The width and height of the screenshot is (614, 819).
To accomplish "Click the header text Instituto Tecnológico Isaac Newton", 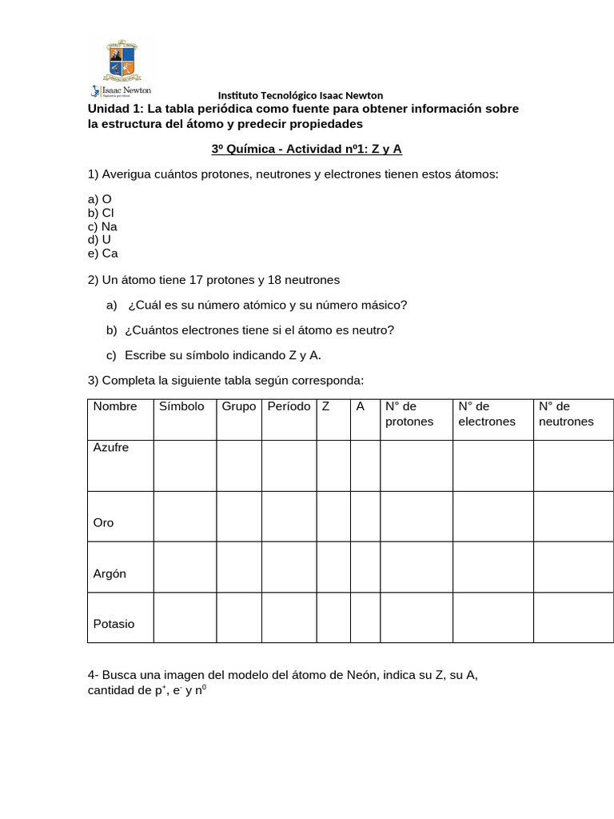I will pyautogui.click(x=301, y=95).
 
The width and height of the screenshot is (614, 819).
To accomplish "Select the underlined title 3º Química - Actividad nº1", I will pyautogui.click(x=306, y=149).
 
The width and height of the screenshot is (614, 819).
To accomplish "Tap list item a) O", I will pyautogui.click(x=101, y=199).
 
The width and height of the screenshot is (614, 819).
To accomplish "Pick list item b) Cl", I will pyautogui.click(x=102, y=213).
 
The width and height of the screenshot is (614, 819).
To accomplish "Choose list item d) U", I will pyautogui.click(x=100, y=239).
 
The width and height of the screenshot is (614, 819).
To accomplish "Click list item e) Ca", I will pyautogui.click(x=103, y=254).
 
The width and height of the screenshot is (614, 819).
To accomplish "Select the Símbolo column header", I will pyautogui.click(x=181, y=406).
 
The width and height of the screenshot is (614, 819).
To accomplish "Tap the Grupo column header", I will pyautogui.click(x=238, y=406).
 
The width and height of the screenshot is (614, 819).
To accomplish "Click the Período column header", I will pyautogui.click(x=289, y=406).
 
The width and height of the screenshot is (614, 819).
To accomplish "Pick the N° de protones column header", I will pyautogui.click(x=409, y=414).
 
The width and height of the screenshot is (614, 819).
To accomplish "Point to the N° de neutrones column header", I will pyautogui.click(x=566, y=414).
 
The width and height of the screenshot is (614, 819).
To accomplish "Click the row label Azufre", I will pyautogui.click(x=111, y=447).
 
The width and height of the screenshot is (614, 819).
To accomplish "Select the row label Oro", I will pyautogui.click(x=104, y=522).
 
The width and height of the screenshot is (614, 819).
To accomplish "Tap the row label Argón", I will pyautogui.click(x=110, y=573).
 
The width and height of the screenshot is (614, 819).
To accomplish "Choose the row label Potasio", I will pyautogui.click(x=114, y=624).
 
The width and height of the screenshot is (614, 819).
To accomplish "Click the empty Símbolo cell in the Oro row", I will pyautogui.click(x=185, y=517).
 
